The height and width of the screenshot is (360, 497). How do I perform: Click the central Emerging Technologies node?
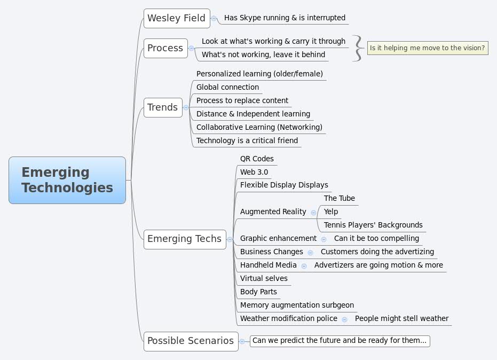(x=67, y=180)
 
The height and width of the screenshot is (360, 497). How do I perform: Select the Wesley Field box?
(x=176, y=18)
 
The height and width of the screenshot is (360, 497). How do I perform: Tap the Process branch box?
(x=165, y=48)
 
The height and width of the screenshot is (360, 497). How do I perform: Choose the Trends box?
(x=163, y=107)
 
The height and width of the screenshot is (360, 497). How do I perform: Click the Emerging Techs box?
(x=184, y=239)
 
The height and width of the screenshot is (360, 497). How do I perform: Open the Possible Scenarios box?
(x=191, y=341)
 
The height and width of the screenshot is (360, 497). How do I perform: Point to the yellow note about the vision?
(x=427, y=48)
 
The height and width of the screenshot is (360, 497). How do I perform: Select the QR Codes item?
(x=257, y=159)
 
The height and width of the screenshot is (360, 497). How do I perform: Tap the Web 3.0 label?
(x=254, y=172)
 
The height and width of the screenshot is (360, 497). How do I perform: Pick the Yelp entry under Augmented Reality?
(x=331, y=212)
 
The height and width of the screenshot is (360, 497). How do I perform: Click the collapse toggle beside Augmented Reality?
(x=313, y=213)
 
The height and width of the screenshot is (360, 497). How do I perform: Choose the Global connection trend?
(x=227, y=87)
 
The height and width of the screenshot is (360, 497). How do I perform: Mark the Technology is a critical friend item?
(x=247, y=140)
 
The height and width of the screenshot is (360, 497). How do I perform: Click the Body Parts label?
(x=258, y=292)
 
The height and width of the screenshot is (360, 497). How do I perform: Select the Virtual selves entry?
(x=264, y=278)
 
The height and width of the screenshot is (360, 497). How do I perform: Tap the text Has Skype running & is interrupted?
(x=285, y=18)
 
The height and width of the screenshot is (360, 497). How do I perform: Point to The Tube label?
(x=340, y=198)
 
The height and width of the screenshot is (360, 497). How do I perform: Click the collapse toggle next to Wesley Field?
(x=214, y=18)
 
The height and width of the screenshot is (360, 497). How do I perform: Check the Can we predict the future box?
(x=340, y=341)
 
